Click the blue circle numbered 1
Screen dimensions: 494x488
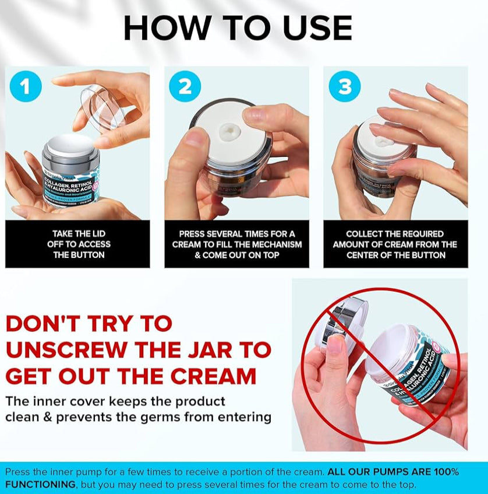(x=25, y=87)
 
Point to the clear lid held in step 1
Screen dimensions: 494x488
(x=104, y=107)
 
